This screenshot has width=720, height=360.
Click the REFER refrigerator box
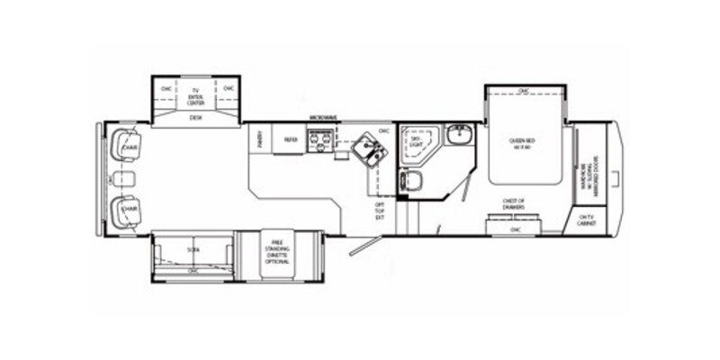pos(291,139)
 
